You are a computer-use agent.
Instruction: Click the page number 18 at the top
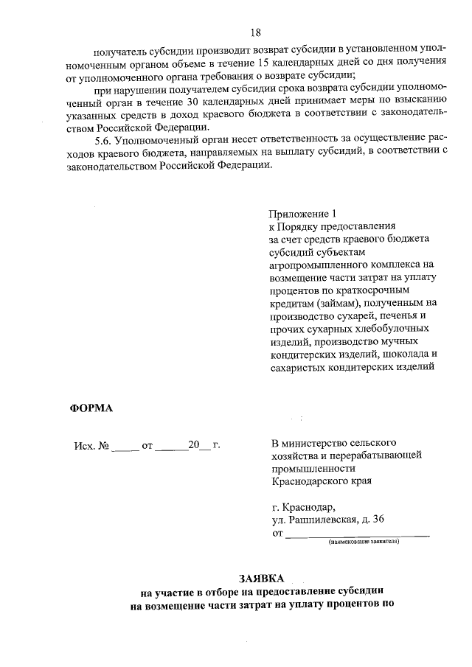256,32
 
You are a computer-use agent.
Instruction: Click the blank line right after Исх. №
126,447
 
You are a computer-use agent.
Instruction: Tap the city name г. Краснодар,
303,507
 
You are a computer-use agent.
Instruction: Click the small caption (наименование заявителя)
364,541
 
